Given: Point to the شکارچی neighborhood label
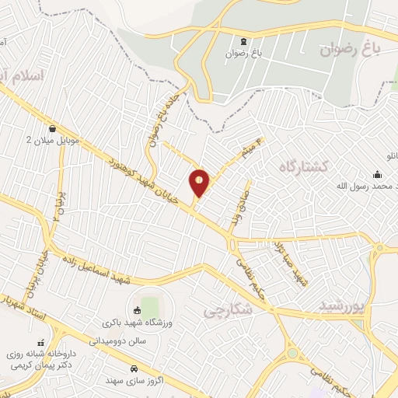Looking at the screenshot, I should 229,309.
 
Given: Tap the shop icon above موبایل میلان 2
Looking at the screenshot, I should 52,129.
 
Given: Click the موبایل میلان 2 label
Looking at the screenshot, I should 52,141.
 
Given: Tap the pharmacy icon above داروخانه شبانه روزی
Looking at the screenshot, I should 40,342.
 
